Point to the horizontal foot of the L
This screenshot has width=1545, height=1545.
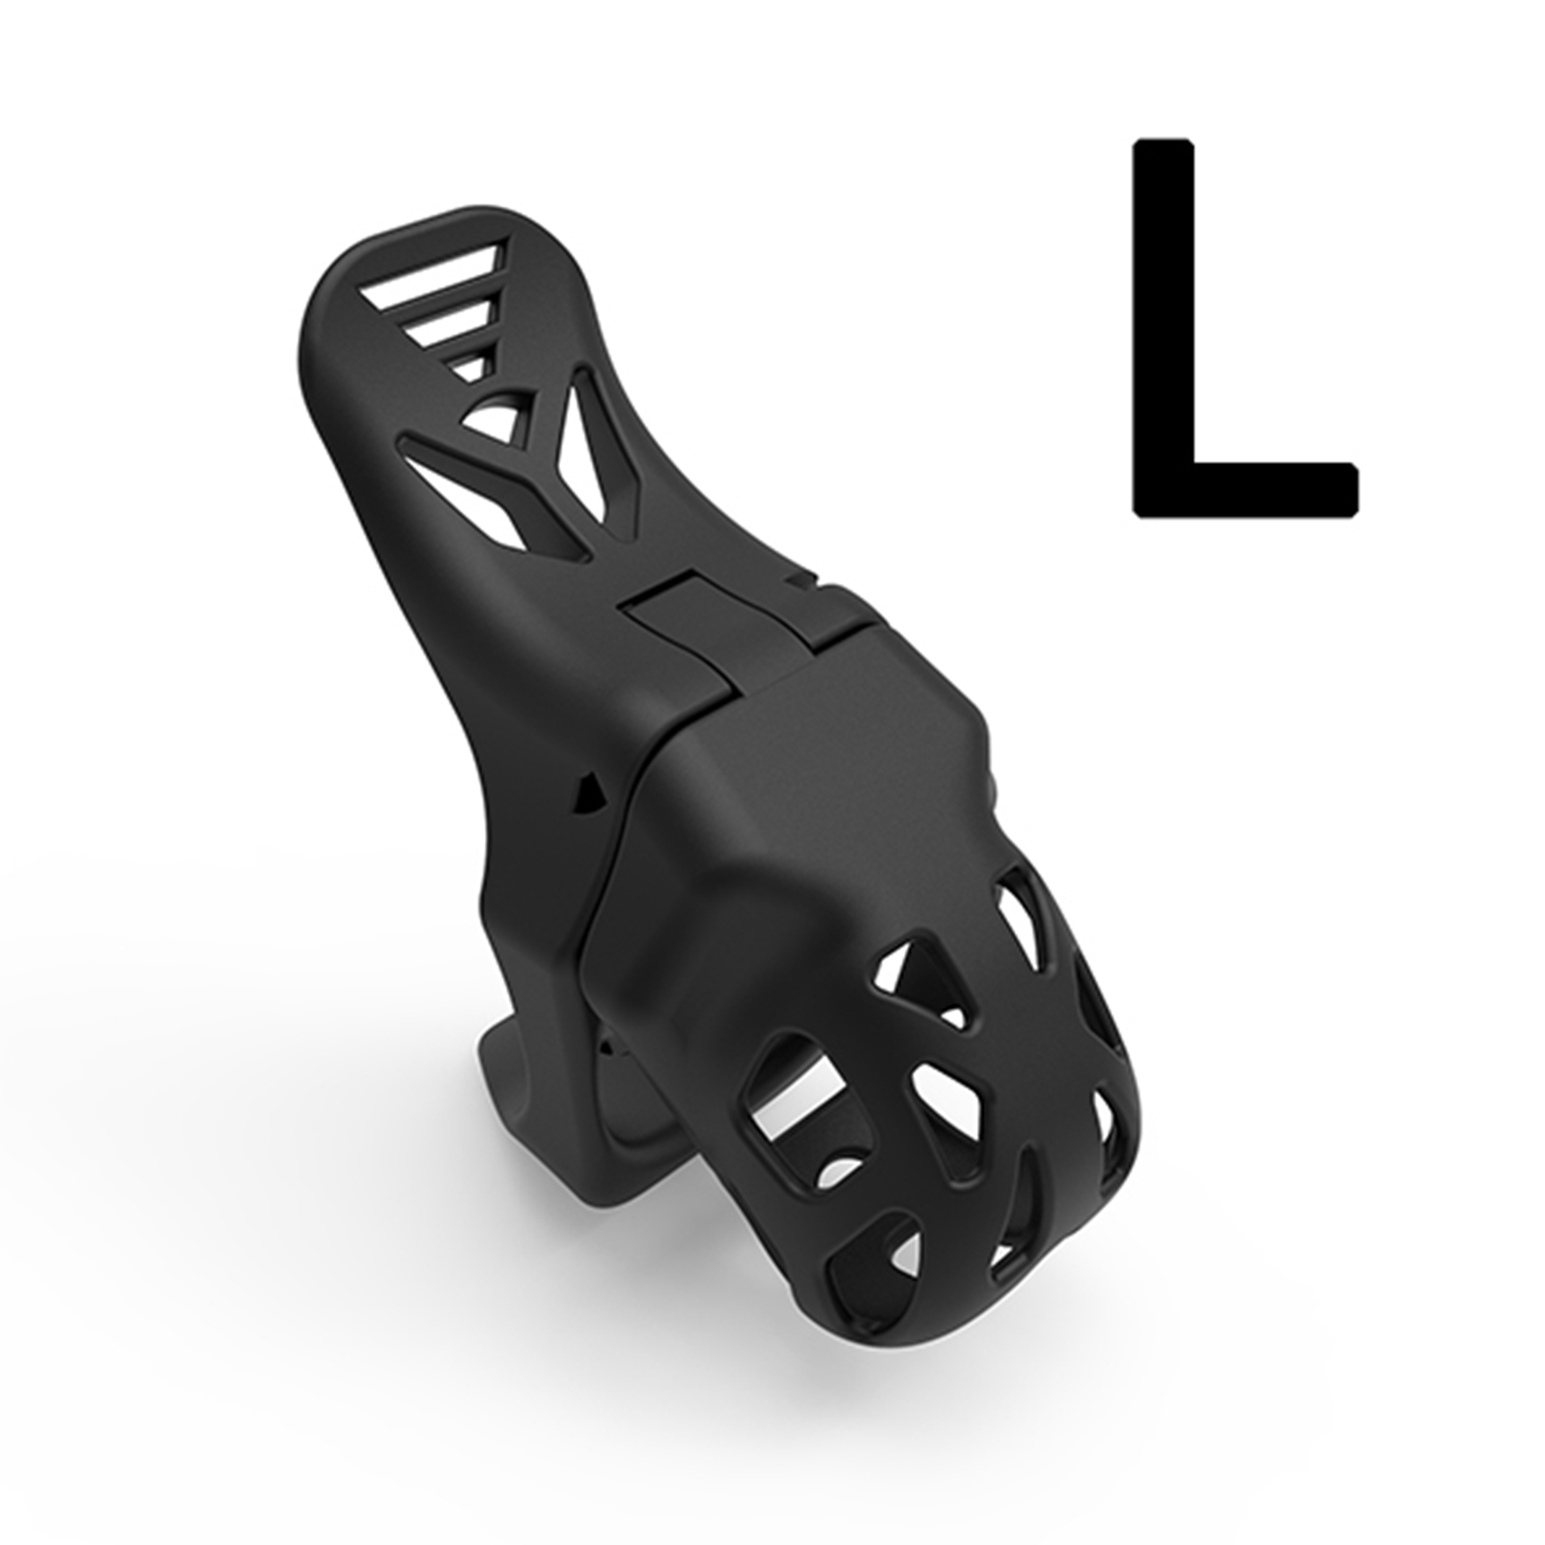point(1246,492)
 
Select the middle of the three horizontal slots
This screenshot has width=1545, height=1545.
point(449,322)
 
